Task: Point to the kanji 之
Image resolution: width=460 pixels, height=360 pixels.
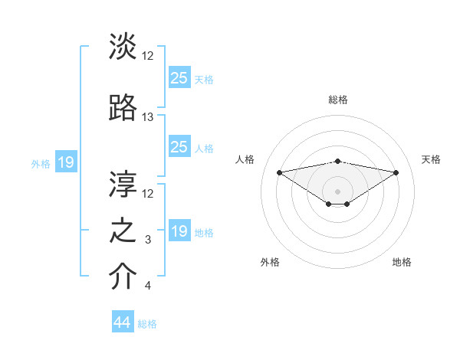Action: pos(123,231)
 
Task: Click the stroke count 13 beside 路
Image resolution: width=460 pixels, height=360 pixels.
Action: pos(148,117)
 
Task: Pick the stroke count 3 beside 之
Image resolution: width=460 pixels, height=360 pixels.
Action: pos(148,241)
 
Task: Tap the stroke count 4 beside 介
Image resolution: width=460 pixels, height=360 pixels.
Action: pos(148,286)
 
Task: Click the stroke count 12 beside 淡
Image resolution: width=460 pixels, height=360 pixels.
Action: pos(148,55)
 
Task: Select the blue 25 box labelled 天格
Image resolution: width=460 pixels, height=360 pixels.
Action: pos(179,78)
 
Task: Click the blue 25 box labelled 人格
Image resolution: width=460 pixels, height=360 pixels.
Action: pos(179,147)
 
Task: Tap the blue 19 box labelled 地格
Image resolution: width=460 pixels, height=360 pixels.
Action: pos(179,231)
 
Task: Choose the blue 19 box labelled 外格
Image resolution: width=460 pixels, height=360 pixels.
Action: pos(65,162)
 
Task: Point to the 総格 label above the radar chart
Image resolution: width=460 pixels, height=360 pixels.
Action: pos(337,100)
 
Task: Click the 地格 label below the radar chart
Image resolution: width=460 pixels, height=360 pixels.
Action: pos(402,262)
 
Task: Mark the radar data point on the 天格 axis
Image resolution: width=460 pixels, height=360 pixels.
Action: pos(396,172)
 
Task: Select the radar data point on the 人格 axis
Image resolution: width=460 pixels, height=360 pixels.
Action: pos(279,172)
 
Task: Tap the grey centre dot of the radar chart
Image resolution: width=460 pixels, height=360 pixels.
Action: pos(337,191)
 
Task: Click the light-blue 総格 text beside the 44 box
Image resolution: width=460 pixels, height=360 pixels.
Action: pos(147,324)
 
